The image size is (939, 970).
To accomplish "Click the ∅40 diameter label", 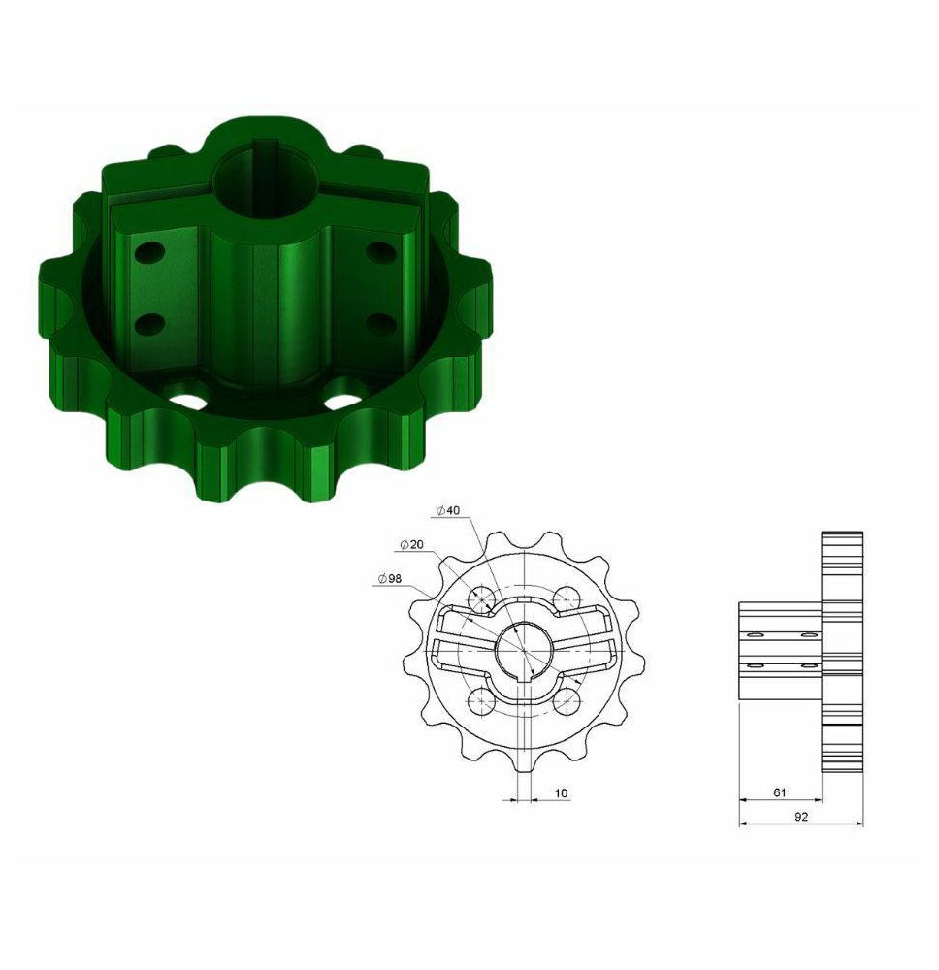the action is pos(448,510).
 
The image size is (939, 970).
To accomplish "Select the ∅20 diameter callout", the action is pos(411,544).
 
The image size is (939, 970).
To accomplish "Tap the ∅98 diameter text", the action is pos(389,578).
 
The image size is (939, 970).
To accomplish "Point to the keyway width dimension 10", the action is pos(561,792).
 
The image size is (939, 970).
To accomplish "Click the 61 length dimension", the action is pos(779,792).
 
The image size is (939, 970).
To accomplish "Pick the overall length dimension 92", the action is pos(801,816).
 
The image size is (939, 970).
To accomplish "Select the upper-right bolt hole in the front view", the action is pos(566,598).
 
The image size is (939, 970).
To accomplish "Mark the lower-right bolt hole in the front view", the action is pos(566,701).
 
